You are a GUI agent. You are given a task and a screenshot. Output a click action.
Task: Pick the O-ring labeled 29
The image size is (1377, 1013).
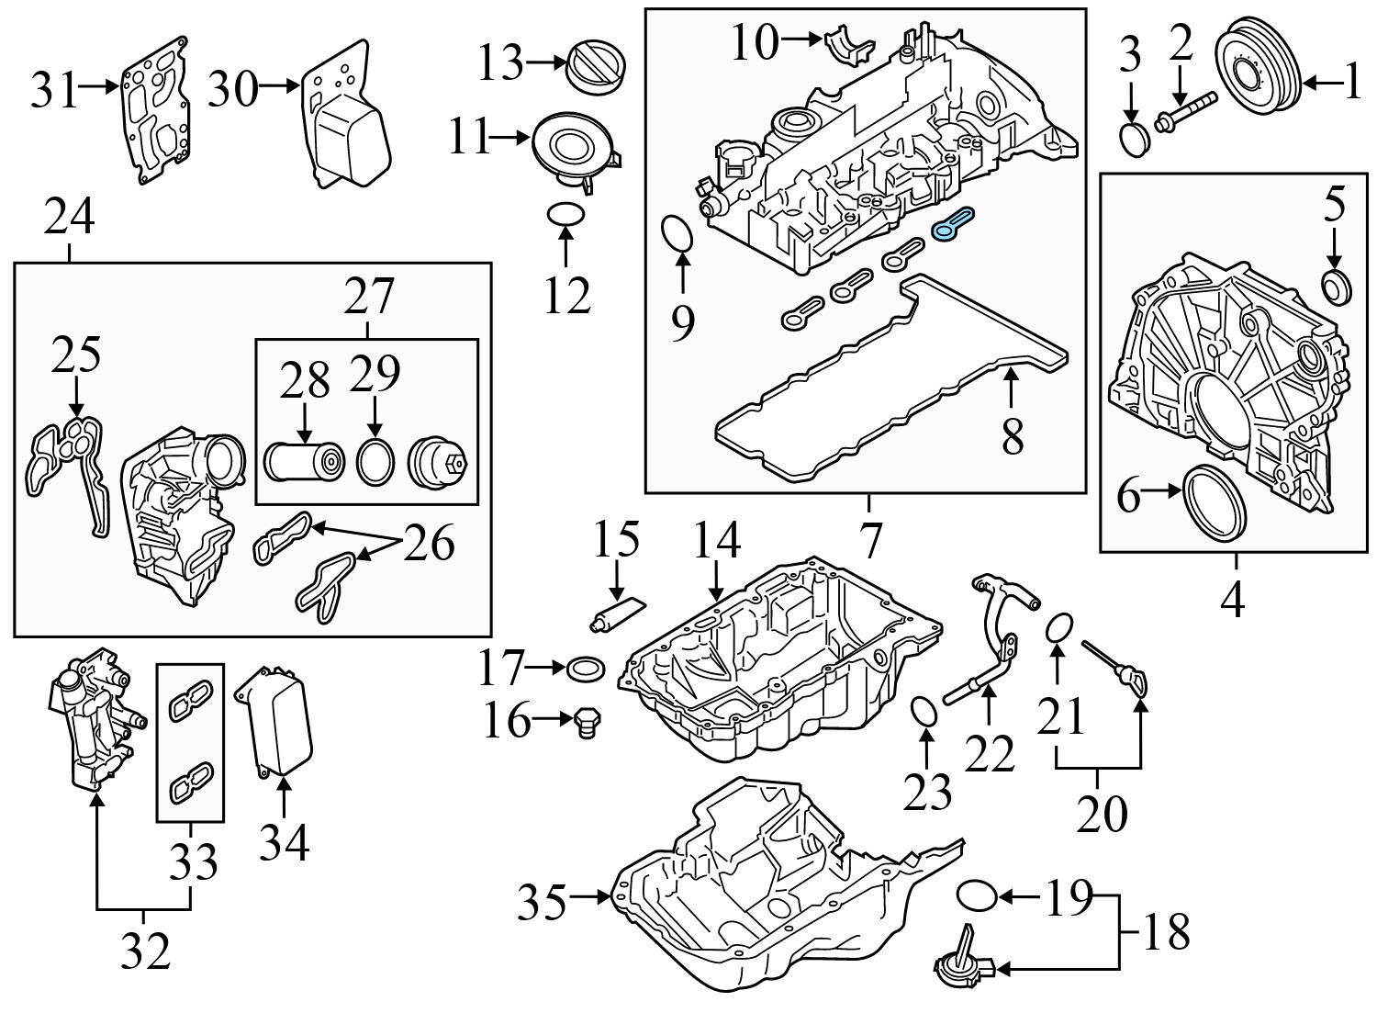click(374, 462)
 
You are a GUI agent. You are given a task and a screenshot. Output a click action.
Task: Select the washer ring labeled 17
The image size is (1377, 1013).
click(587, 669)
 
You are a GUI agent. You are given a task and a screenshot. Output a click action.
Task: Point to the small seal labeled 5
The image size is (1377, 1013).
click(1337, 287)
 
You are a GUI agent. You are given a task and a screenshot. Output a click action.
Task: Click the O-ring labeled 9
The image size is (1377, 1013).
click(678, 232)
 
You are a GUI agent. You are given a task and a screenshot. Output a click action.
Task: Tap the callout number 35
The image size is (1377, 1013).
click(542, 903)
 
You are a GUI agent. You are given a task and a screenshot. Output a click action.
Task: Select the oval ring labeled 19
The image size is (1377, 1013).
click(976, 894)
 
